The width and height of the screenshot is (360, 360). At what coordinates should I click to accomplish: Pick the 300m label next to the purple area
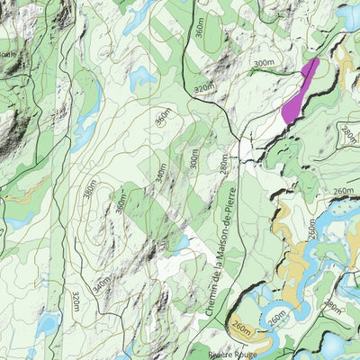[x=263, y=63]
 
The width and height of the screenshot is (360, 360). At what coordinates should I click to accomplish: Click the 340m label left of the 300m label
[x=161, y=171]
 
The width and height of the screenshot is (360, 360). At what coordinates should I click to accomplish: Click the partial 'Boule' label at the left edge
[x=7, y=54]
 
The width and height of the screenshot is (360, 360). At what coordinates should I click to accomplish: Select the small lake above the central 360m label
[x=142, y=79]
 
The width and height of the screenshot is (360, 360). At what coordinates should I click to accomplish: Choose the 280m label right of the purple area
[x=349, y=135]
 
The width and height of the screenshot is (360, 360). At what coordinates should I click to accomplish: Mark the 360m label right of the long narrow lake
[x=162, y=118]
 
